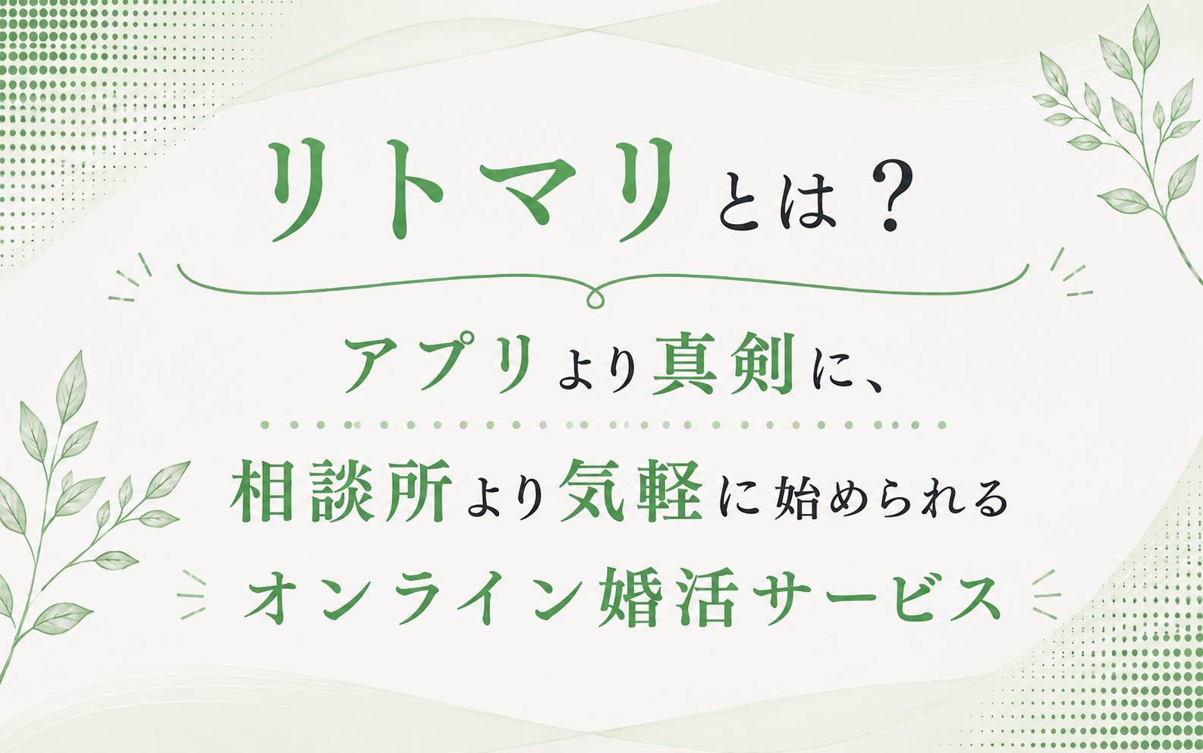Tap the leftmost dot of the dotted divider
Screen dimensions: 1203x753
coord(265,425)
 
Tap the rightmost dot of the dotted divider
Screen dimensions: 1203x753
coord(941,425)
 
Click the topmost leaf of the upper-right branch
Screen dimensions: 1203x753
coord(1145,36)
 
